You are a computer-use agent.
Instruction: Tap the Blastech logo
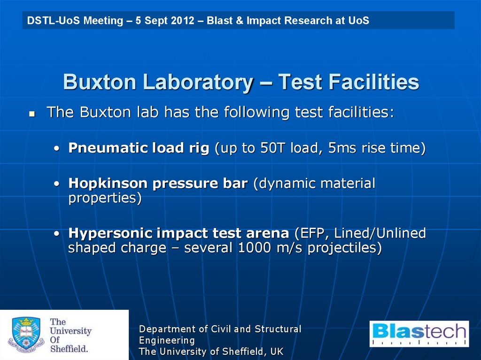pyautogui.click(x=419, y=334)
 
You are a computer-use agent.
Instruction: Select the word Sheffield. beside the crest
pyautogui.click(x=69, y=349)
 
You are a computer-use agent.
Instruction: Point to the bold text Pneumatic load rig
pyautogui.click(x=139, y=148)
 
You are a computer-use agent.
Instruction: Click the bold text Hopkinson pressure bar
pyautogui.click(x=158, y=184)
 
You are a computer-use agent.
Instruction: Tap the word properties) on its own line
pyautogui.click(x=105, y=198)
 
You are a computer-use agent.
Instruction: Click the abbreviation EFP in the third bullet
pyautogui.click(x=312, y=233)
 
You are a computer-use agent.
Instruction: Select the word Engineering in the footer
pyautogui.click(x=167, y=340)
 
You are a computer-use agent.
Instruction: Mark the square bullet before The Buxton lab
pyautogui.click(x=32, y=114)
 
